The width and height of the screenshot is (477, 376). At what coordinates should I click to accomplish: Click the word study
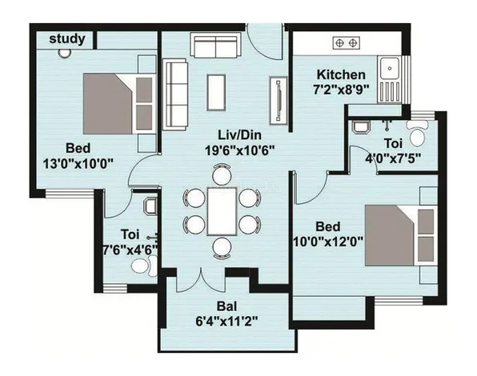pyautogui.click(x=67, y=39)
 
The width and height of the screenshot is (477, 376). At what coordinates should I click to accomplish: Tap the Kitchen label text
pyautogui.click(x=341, y=74)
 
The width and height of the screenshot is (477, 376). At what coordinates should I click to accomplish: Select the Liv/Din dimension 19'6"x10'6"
pyautogui.click(x=240, y=150)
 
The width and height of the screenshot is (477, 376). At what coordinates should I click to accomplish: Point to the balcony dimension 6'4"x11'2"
pyautogui.click(x=226, y=321)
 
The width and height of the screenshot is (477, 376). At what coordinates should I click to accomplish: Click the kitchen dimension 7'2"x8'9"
pyautogui.click(x=341, y=90)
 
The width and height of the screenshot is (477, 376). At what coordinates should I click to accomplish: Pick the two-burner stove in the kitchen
pyautogui.click(x=347, y=43)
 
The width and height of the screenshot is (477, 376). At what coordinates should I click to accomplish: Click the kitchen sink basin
pyautogui.click(x=390, y=68)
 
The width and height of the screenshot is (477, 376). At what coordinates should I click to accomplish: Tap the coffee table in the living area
pyautogui.click(x=216, y=93)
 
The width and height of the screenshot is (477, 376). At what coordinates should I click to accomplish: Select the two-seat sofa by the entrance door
pyautogui.click(x=215, y=46)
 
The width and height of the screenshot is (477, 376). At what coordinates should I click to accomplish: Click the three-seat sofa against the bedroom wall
pyautogui.click(x=175, y=94)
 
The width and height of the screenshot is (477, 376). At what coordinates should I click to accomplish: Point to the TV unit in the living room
pyautogui.click(x=279, y=100)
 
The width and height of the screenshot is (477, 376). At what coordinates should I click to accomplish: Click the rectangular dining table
pyautogui.click(x=222, y=211)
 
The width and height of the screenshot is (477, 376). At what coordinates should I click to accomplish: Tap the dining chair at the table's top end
pyautogui.click(x=222, y=174)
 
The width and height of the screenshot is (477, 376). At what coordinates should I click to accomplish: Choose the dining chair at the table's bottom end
pyautogui.click(x=222, y=248)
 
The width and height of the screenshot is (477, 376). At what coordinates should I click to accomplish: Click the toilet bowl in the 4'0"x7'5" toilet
pyautogui.click(x=418, y=134)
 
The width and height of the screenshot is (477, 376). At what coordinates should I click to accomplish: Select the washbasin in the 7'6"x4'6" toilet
pyautogui.click(x=150, y=206)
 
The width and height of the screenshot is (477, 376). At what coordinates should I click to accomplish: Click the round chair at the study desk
pyautogui.click(x=65, y=53)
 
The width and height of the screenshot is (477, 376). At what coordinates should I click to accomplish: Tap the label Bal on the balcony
pyautogui.click(x=227, y=306)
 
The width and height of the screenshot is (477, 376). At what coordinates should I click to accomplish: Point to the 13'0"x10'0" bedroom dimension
pyautogui.click(x=78, y=163)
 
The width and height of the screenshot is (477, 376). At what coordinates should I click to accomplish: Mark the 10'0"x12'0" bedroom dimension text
pyautogui.click(x=328, y=242)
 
